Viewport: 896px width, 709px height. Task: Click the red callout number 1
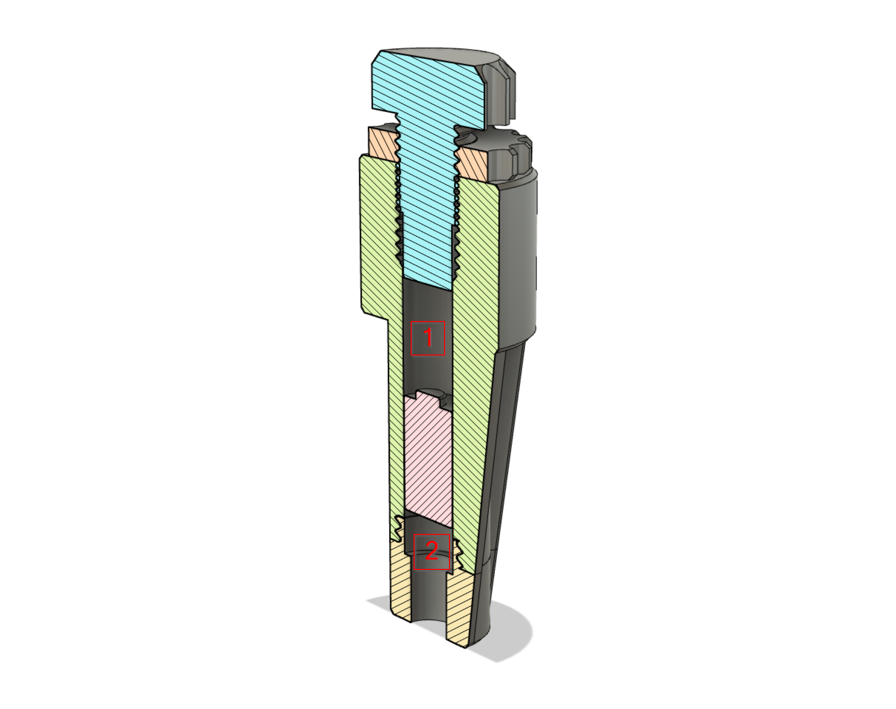tap(428, 338)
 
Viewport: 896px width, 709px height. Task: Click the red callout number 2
tap(432, 552)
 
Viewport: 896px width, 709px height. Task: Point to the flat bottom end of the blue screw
tap(427, 285)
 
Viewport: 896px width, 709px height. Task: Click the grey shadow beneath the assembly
tap(516, 634)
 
